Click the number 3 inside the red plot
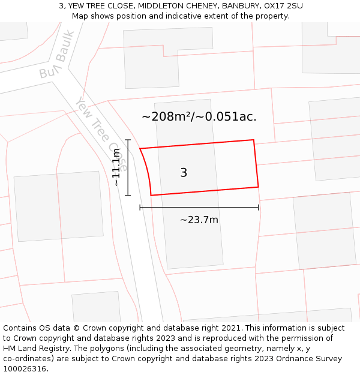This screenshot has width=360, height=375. (184, 173)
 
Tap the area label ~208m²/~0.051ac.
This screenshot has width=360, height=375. (199, 116)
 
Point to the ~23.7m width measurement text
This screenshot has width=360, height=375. (199, 220)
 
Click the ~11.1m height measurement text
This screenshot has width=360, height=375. (116, 168)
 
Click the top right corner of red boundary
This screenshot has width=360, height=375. (253, 140)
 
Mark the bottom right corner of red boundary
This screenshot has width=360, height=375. (259, 187)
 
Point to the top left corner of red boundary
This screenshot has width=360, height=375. (140, 148)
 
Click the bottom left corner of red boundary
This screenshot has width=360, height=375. (151, 195)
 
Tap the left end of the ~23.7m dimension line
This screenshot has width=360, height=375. (140, 208)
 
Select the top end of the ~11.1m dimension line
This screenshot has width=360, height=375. (128, 140)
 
